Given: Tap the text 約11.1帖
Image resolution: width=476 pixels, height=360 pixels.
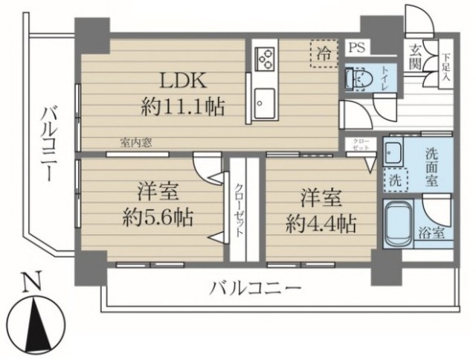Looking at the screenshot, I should click(183, 108).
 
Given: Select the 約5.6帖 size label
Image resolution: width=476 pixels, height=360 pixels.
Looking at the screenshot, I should click(157, 217).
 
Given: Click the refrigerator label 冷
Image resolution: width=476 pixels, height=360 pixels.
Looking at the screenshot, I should click(324, 54).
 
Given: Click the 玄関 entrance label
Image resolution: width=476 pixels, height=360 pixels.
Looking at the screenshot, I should click(415, 58).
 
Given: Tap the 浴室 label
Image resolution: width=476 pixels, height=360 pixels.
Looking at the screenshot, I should click(434, 232).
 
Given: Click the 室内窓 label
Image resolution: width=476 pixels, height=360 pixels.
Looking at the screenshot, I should click(137, 144).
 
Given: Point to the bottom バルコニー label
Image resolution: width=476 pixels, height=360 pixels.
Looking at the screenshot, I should click(255, 286).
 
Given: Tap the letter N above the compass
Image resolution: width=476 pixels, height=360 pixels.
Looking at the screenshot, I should click(30, 283).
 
